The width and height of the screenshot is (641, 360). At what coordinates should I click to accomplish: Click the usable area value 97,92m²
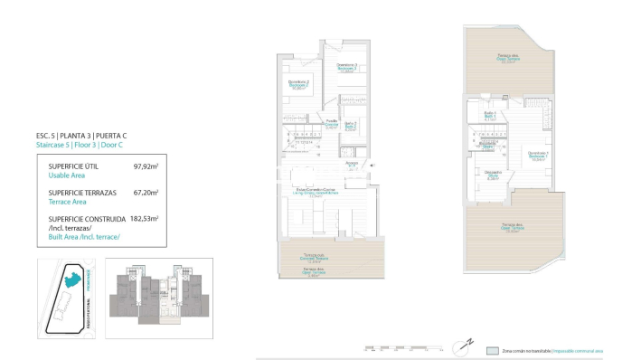146,166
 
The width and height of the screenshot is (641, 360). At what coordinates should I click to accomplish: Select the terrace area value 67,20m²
146,192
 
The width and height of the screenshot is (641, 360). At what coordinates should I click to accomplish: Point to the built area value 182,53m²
144,218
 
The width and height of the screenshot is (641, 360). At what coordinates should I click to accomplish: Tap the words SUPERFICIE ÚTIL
73,166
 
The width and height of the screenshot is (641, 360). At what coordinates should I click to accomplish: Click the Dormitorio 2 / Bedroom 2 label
298,84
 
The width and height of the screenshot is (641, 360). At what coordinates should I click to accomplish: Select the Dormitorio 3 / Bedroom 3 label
347,67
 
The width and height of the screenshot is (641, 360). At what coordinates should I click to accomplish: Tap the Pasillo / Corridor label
332,124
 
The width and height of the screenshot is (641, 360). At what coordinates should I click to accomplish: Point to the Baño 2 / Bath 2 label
350,126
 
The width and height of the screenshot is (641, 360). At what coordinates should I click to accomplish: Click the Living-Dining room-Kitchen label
316,192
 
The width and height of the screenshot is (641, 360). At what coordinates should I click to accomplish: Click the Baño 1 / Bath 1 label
488,115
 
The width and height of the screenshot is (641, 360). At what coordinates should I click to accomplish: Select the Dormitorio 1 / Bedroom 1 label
537,155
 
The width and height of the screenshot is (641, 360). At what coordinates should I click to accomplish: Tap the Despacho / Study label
493,174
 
